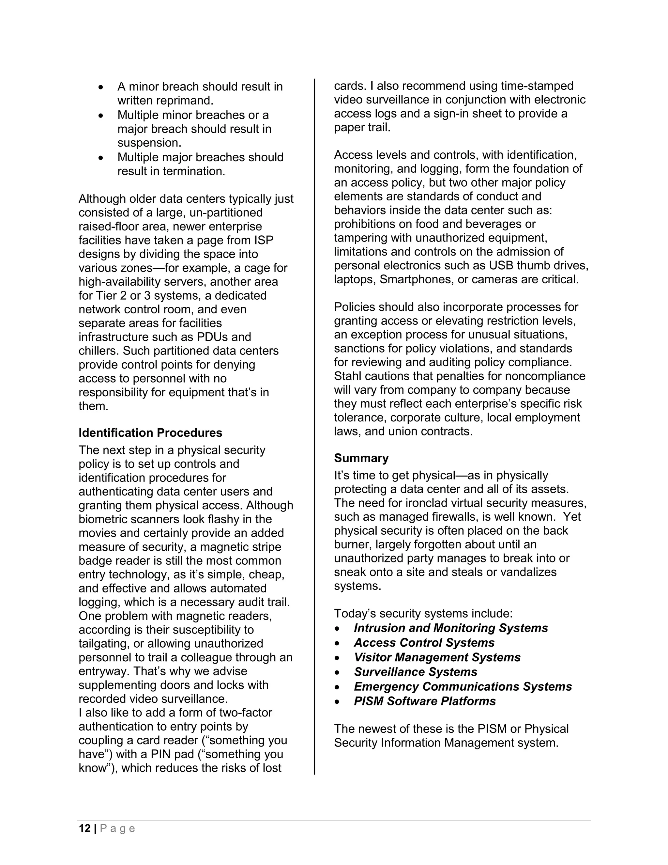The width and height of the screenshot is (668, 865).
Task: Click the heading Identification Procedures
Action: pos(150,432)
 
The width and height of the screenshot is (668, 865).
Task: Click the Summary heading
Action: pos(361,458)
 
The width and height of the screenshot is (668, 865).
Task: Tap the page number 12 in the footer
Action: pos(85,828)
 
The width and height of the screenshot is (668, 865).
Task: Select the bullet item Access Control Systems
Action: pos(424,642)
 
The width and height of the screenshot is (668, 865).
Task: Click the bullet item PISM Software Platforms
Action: pos(425,701)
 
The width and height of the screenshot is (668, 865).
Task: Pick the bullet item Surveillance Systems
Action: pos(416,672)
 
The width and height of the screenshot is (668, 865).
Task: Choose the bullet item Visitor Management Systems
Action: pos(437,657)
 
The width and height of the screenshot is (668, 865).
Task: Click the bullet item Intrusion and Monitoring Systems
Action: pos(451,628)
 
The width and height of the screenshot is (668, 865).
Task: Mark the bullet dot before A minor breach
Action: pos(101,87)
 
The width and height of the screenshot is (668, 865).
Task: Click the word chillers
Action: pos(99,351)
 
